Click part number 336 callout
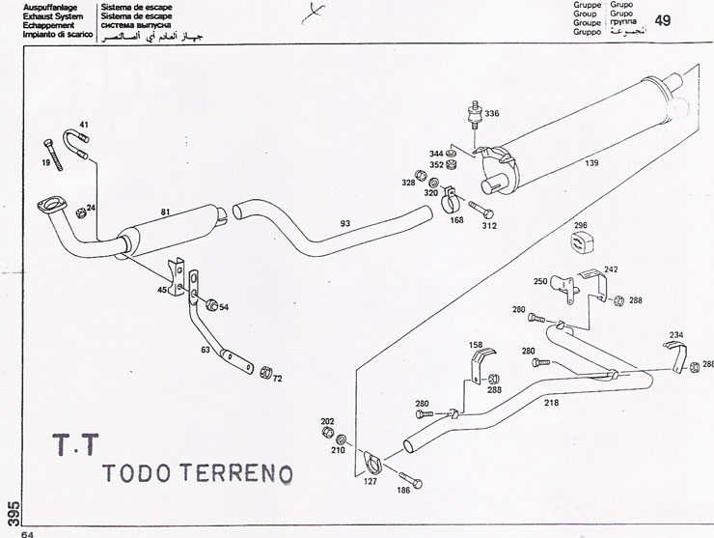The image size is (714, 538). (x=492, y=114)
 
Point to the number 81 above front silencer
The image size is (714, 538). (x=166, y=212)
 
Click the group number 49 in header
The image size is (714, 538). (x=663, y=21)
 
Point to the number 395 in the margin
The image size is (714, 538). (x=11, y=509)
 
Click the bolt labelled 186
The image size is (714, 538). (x=409, y=478)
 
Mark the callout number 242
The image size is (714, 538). (x=611, y=269)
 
